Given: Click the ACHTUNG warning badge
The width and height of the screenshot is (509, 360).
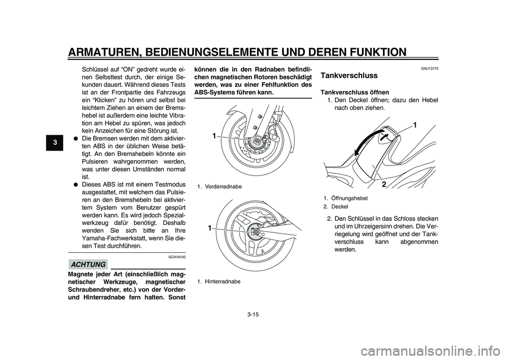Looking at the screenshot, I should pyautogui.click(x=87, y=264).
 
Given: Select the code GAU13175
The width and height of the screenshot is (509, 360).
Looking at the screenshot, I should pyautogui.click(x=430, y=68).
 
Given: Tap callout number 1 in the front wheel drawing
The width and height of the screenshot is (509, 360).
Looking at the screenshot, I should pyautogui.click(x=214, y=136).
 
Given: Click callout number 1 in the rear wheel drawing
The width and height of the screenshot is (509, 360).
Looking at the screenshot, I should pyautogui.click(x=210, y=227).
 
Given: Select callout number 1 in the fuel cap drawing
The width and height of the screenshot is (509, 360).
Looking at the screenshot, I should pyautogui.click(x=415, y=126).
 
